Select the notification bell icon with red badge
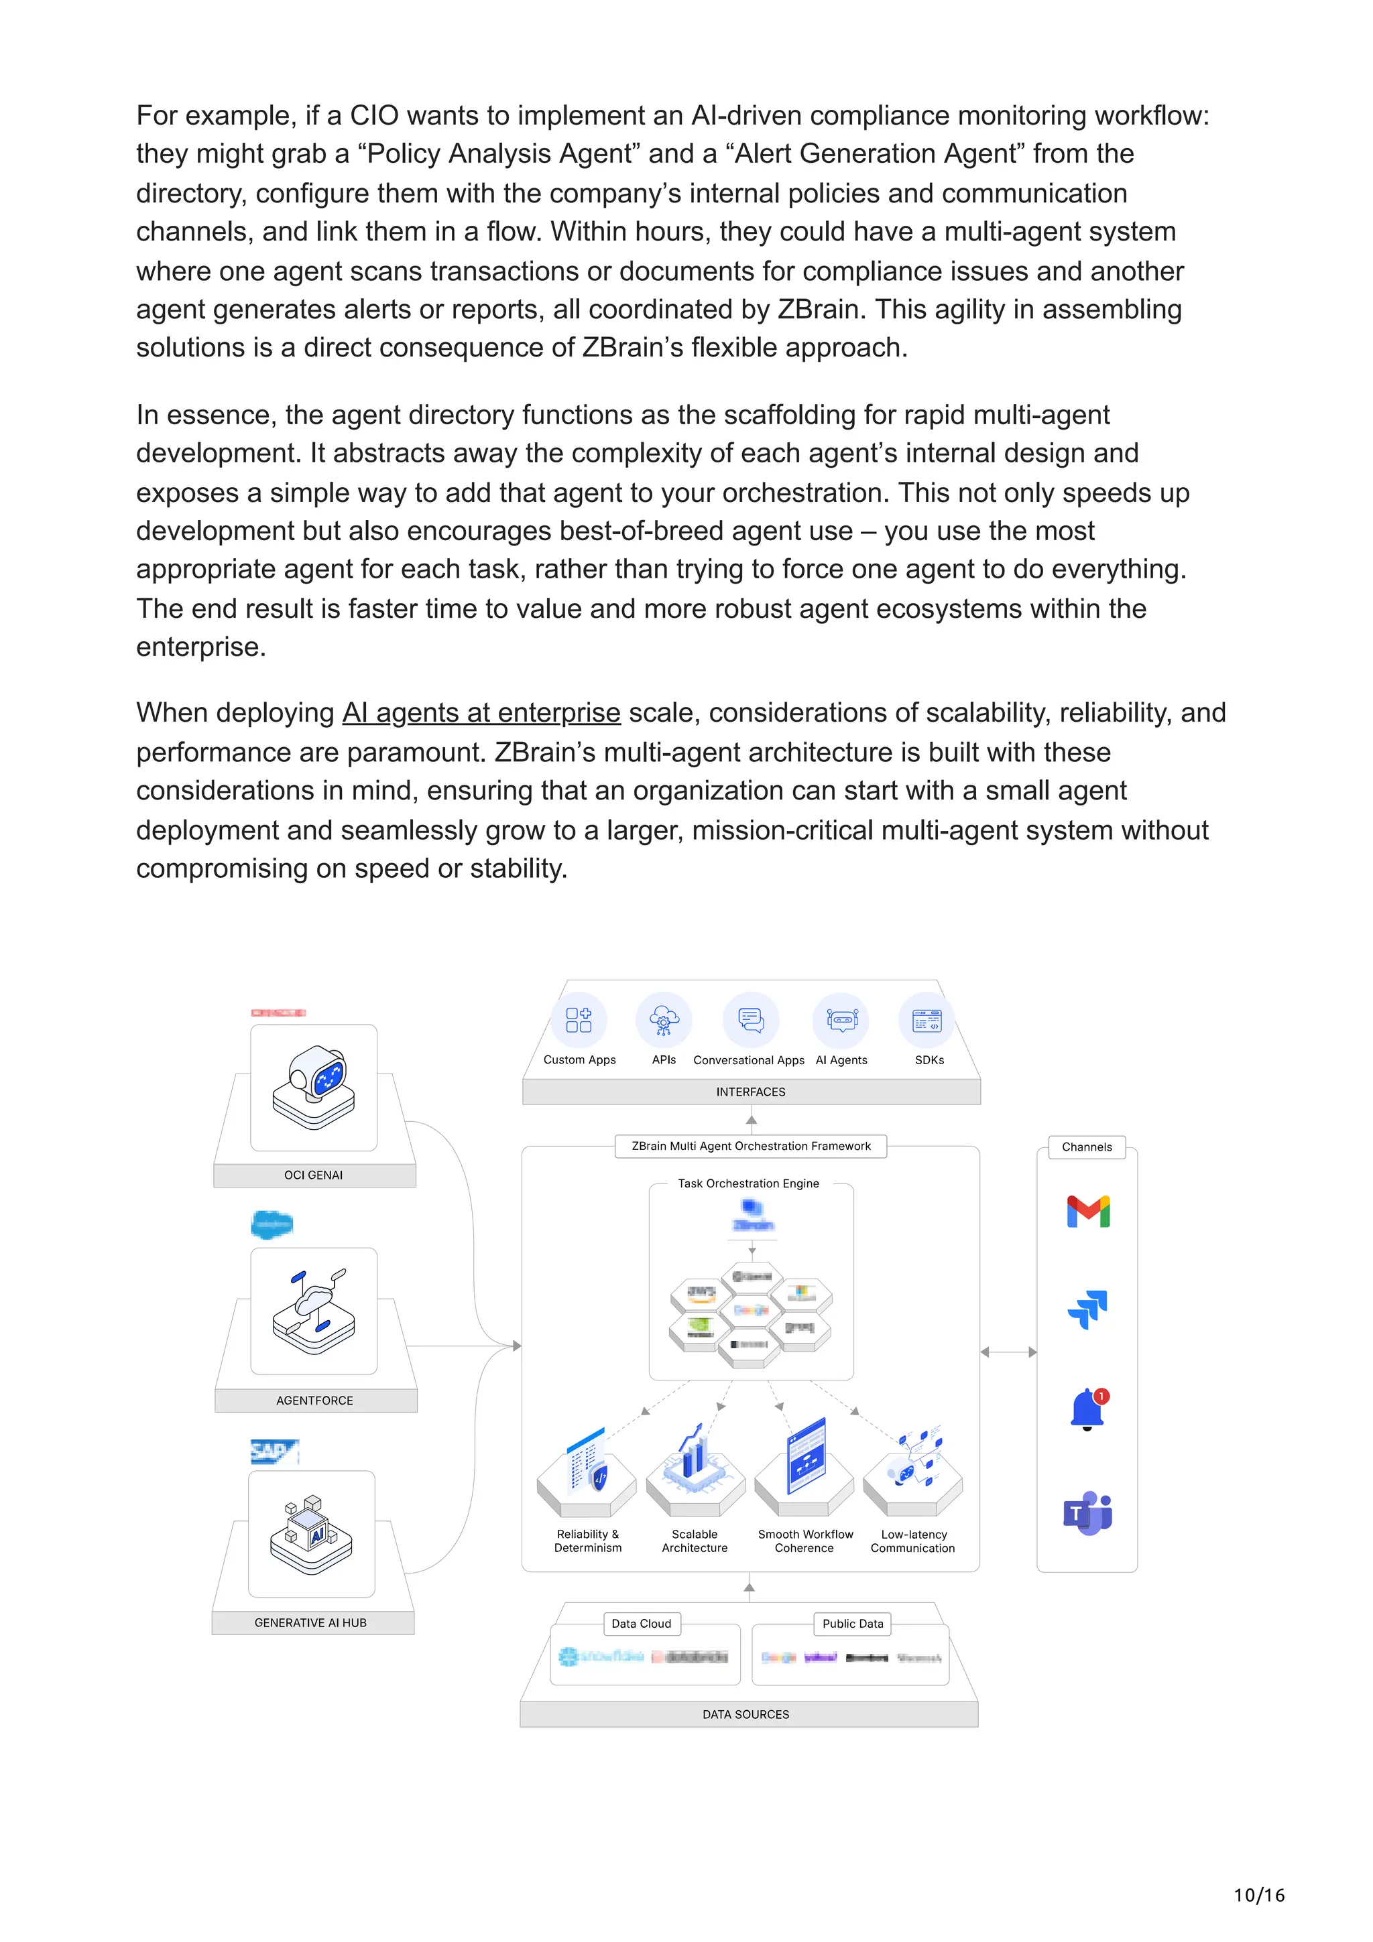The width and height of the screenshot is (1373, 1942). (x=1089, y=1409)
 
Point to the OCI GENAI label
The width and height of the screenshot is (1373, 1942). (x=313, y=1175)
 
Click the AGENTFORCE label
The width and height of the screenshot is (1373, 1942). (x=314, y=1401)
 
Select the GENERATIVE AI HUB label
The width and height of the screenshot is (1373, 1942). (x=310, y=1622)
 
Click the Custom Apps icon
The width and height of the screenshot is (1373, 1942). (x=579, y=1019)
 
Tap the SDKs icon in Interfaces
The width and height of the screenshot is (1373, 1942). (x=927, y=1020)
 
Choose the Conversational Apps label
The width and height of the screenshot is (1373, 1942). (x=749, y=1060)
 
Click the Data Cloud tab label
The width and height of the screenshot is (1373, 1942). (x=641, y=1623)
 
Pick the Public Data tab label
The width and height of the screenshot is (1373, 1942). (x=852, y=1623)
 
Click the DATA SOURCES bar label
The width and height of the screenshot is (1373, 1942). (x=745, y=1714)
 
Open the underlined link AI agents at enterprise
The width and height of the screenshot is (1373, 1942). (x=481, y=713)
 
